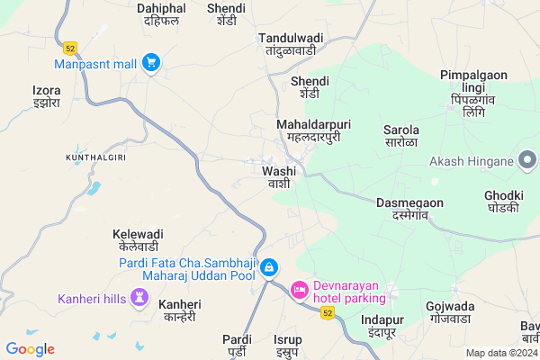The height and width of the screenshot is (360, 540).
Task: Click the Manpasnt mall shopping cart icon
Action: (x=151, y=63)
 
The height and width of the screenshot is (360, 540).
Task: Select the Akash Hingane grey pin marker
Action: (x=528, y=162)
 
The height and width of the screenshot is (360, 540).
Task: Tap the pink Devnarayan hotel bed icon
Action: (x=300, y=290)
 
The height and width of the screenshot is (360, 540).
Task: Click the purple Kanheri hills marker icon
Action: (x=139, y=296)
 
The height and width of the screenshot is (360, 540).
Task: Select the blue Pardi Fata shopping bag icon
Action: (x=268, y=268)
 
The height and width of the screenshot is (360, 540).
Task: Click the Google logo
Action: (x=30, y=349)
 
